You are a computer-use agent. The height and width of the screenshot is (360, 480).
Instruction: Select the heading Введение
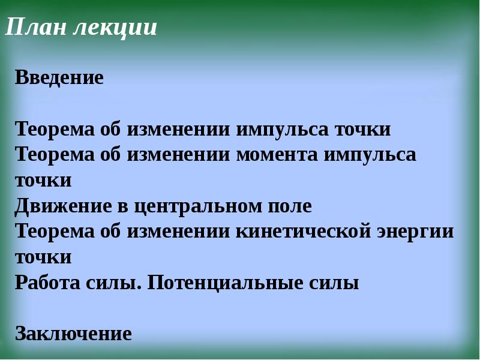(x=59, y=77)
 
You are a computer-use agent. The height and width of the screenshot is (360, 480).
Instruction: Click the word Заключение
(x=73, y=333)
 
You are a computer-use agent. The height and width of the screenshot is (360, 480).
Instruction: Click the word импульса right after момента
(x=370, y=155)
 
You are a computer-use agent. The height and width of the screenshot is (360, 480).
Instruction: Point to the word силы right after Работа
(x=117, y=283)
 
